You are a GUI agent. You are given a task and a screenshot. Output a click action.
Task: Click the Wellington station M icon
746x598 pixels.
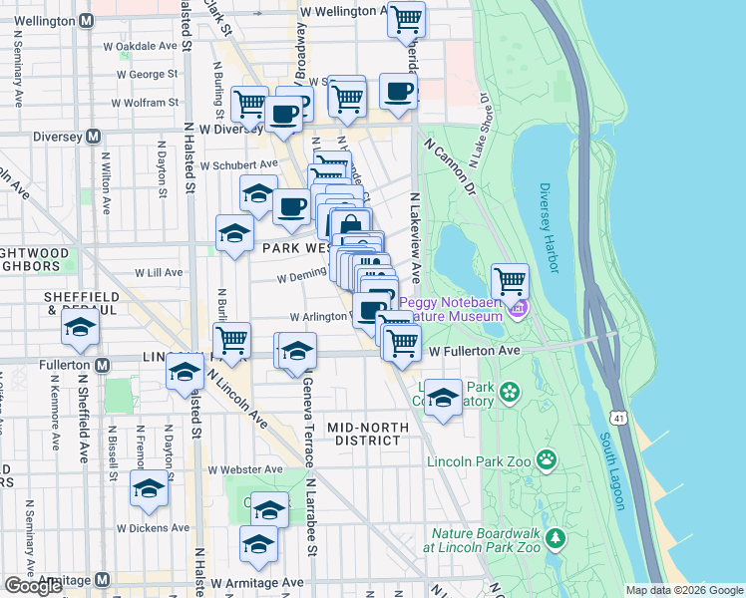pos(87,20)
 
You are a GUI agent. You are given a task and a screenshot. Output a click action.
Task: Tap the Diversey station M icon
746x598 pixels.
pos(93,137)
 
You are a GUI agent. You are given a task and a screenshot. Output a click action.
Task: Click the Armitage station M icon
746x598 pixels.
pos(102,580)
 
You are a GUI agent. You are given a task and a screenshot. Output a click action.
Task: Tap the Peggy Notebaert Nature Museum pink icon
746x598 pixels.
pos(517,310)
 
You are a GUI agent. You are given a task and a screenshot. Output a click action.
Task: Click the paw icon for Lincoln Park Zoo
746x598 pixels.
pos(547,459)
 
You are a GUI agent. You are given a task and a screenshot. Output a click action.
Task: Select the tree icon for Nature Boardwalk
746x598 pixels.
pos(556,539)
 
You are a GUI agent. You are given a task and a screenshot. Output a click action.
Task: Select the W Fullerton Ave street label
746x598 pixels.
pos(476,352)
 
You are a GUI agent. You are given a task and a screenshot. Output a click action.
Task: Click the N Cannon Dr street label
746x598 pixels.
pos(451,164)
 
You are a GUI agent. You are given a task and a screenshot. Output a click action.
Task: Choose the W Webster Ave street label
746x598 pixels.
pos(239,469)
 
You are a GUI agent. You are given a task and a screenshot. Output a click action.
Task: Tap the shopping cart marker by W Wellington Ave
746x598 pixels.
pos(406,18)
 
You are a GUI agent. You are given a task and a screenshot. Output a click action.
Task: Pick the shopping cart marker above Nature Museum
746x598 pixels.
pos(510,279)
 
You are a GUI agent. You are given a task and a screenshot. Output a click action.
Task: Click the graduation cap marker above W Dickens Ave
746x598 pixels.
pos(149,489)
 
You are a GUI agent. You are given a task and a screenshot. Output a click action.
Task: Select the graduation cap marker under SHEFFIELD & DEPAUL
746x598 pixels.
pos(80,328)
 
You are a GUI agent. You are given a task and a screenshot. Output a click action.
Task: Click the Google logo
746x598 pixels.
pos(33,586)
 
